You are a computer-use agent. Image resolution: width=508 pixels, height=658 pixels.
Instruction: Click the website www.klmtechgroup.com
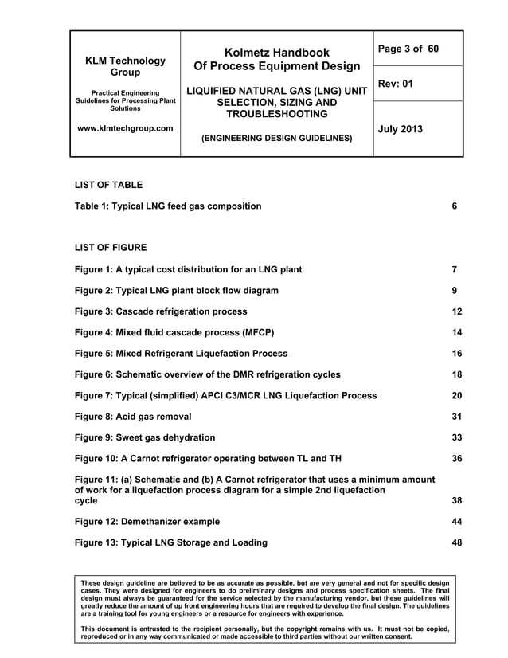pyautogui.click(x=126, y=128)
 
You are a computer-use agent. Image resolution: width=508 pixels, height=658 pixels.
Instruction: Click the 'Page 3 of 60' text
pyautogui.click(x=408, y=49)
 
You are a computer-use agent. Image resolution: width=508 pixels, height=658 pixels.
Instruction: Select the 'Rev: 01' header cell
pyautogui.click(x=396, y=84)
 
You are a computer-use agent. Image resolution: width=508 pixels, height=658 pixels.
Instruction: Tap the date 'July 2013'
pyautogui.click(x=401, y=129)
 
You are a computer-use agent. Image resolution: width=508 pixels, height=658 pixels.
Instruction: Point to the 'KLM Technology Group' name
pyautogui.click(x=126, y=66)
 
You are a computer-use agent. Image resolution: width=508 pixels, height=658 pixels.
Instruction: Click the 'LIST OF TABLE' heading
pyautogui.click(x=108, y=185)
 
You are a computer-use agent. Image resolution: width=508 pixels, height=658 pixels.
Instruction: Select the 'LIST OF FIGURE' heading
pyautogui.click(x=111, y=248)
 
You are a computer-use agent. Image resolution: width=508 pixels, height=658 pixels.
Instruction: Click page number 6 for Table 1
pyautogui.click(x=454, y=206)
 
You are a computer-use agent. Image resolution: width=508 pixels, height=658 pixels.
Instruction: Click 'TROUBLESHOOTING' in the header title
pyautogui.click(x=275, y=116)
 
